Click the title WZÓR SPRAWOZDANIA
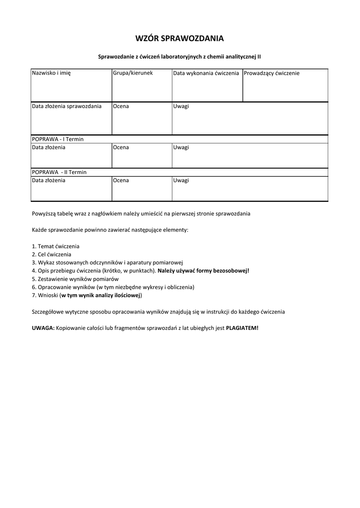pos(180,38)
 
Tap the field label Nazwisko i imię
pos(52,73)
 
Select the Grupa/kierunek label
pos(133,73)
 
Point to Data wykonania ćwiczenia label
pos(206,73)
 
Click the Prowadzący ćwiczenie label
pos(272,73)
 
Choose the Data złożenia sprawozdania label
pos(67,106)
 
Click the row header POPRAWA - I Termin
pos(58,139)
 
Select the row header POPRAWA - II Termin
pos(59,172)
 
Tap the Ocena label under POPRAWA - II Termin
pos(121,180)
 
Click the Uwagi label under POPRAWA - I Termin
pos(181,147)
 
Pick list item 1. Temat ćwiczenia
pos(55,246)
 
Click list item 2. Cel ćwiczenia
pos(51,254)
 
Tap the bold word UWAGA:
pos(43,328)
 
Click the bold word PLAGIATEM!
pos(242,328)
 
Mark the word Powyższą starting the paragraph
pos(45,213)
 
